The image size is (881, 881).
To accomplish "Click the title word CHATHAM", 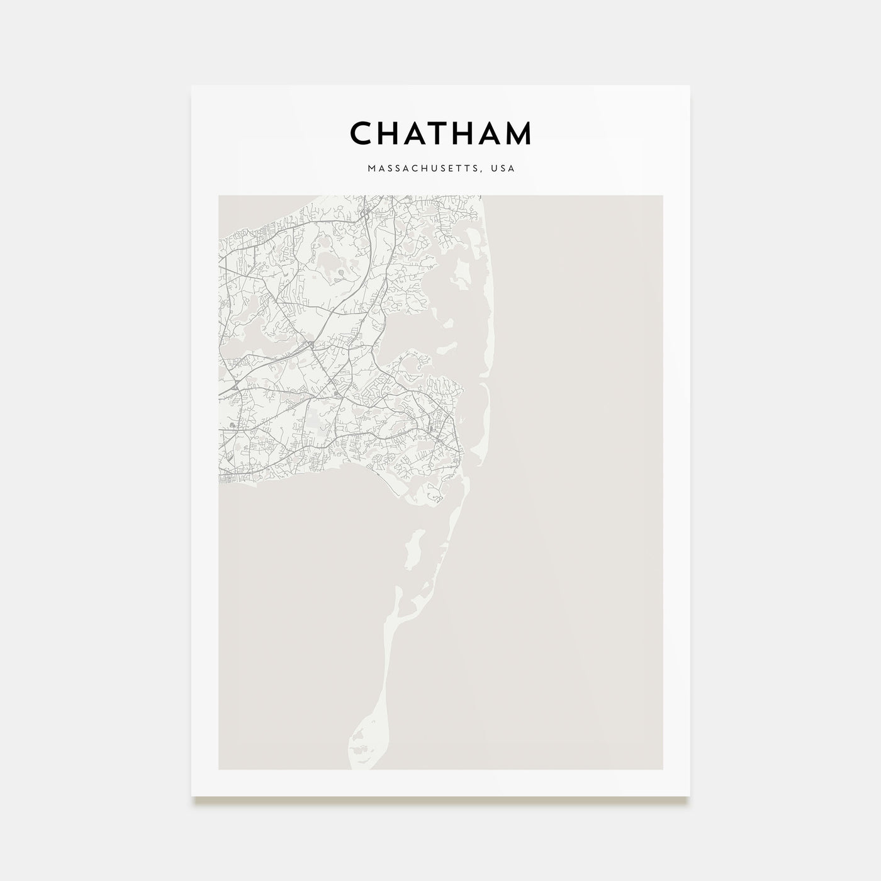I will click(x=441, y=133).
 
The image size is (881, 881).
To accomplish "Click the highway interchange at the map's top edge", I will click(x=364, y=214).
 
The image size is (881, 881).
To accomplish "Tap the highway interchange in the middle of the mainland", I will click(x=311, y=345).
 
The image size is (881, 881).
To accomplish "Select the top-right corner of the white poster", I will click(x=690, y=86).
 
